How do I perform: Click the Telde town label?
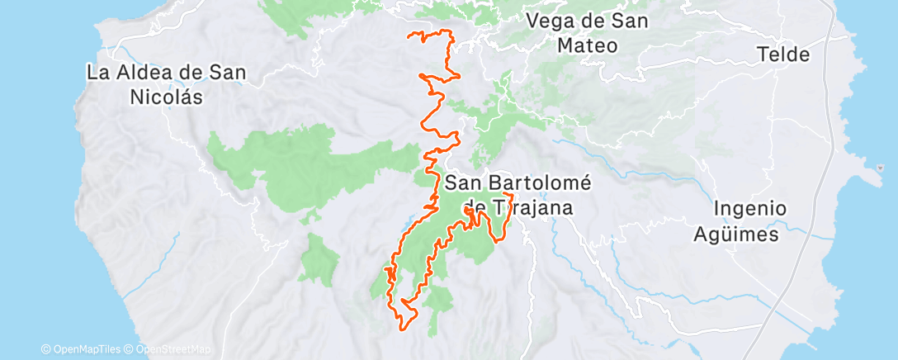[x=783, y=55]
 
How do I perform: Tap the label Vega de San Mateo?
[x=587, y=33]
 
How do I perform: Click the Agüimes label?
[x=747, y=234]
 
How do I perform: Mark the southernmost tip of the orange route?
[x=404, y=329]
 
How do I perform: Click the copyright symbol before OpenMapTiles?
[x=45, y=349]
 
